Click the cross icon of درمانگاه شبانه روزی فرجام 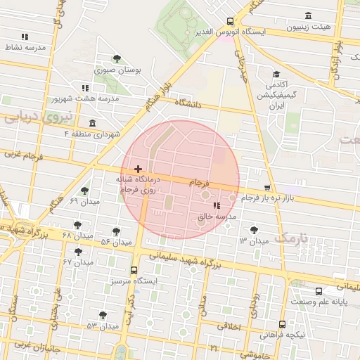click(x=138, y=169)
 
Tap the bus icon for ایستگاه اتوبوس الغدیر click(x=231, y=22)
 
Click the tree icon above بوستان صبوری click(x=117, y=59)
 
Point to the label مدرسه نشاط click(x=25, y=46)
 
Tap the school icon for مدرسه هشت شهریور click(x=85, y=88)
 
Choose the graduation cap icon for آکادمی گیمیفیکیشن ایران click(x=276, y=74)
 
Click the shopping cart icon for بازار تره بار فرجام click(x=267, y=188)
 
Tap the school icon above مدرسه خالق click(x=216, y=206)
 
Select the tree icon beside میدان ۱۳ click(x=254, y=229)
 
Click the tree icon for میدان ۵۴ click(x=116, y=231)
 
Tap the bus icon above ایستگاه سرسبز click(x=134, y=269)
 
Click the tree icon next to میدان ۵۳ click(x=103, y=315)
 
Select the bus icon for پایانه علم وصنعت click(x=319, y=291)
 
